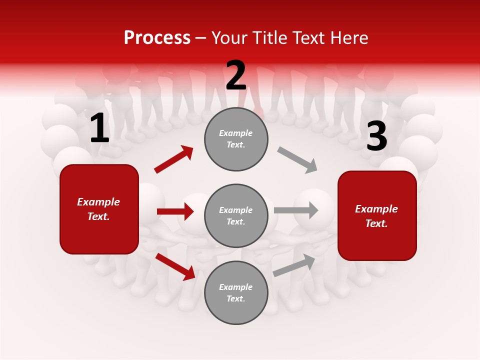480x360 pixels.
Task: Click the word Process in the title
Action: point(157,37)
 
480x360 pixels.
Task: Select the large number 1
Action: point(99,128)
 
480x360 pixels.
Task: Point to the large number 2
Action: point(236,75)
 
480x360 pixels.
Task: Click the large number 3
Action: point(376,136)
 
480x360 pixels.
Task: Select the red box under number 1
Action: point(99,209)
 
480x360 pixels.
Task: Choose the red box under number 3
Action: point(377,215)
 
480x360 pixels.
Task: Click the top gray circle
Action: point(236,138)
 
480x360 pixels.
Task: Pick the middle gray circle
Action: point(236,215)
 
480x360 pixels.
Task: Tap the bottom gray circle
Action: point(236,292)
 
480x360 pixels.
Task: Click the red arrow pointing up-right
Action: point(174,159)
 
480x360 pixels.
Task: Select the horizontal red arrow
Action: point(175,211)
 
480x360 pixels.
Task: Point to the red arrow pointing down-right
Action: point(175,266)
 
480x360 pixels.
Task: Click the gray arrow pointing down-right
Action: point(297,159)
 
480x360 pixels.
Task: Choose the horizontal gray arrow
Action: point(296,210)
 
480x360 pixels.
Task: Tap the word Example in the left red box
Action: point(98,202)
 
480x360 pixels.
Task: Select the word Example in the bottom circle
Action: point(236,287)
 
